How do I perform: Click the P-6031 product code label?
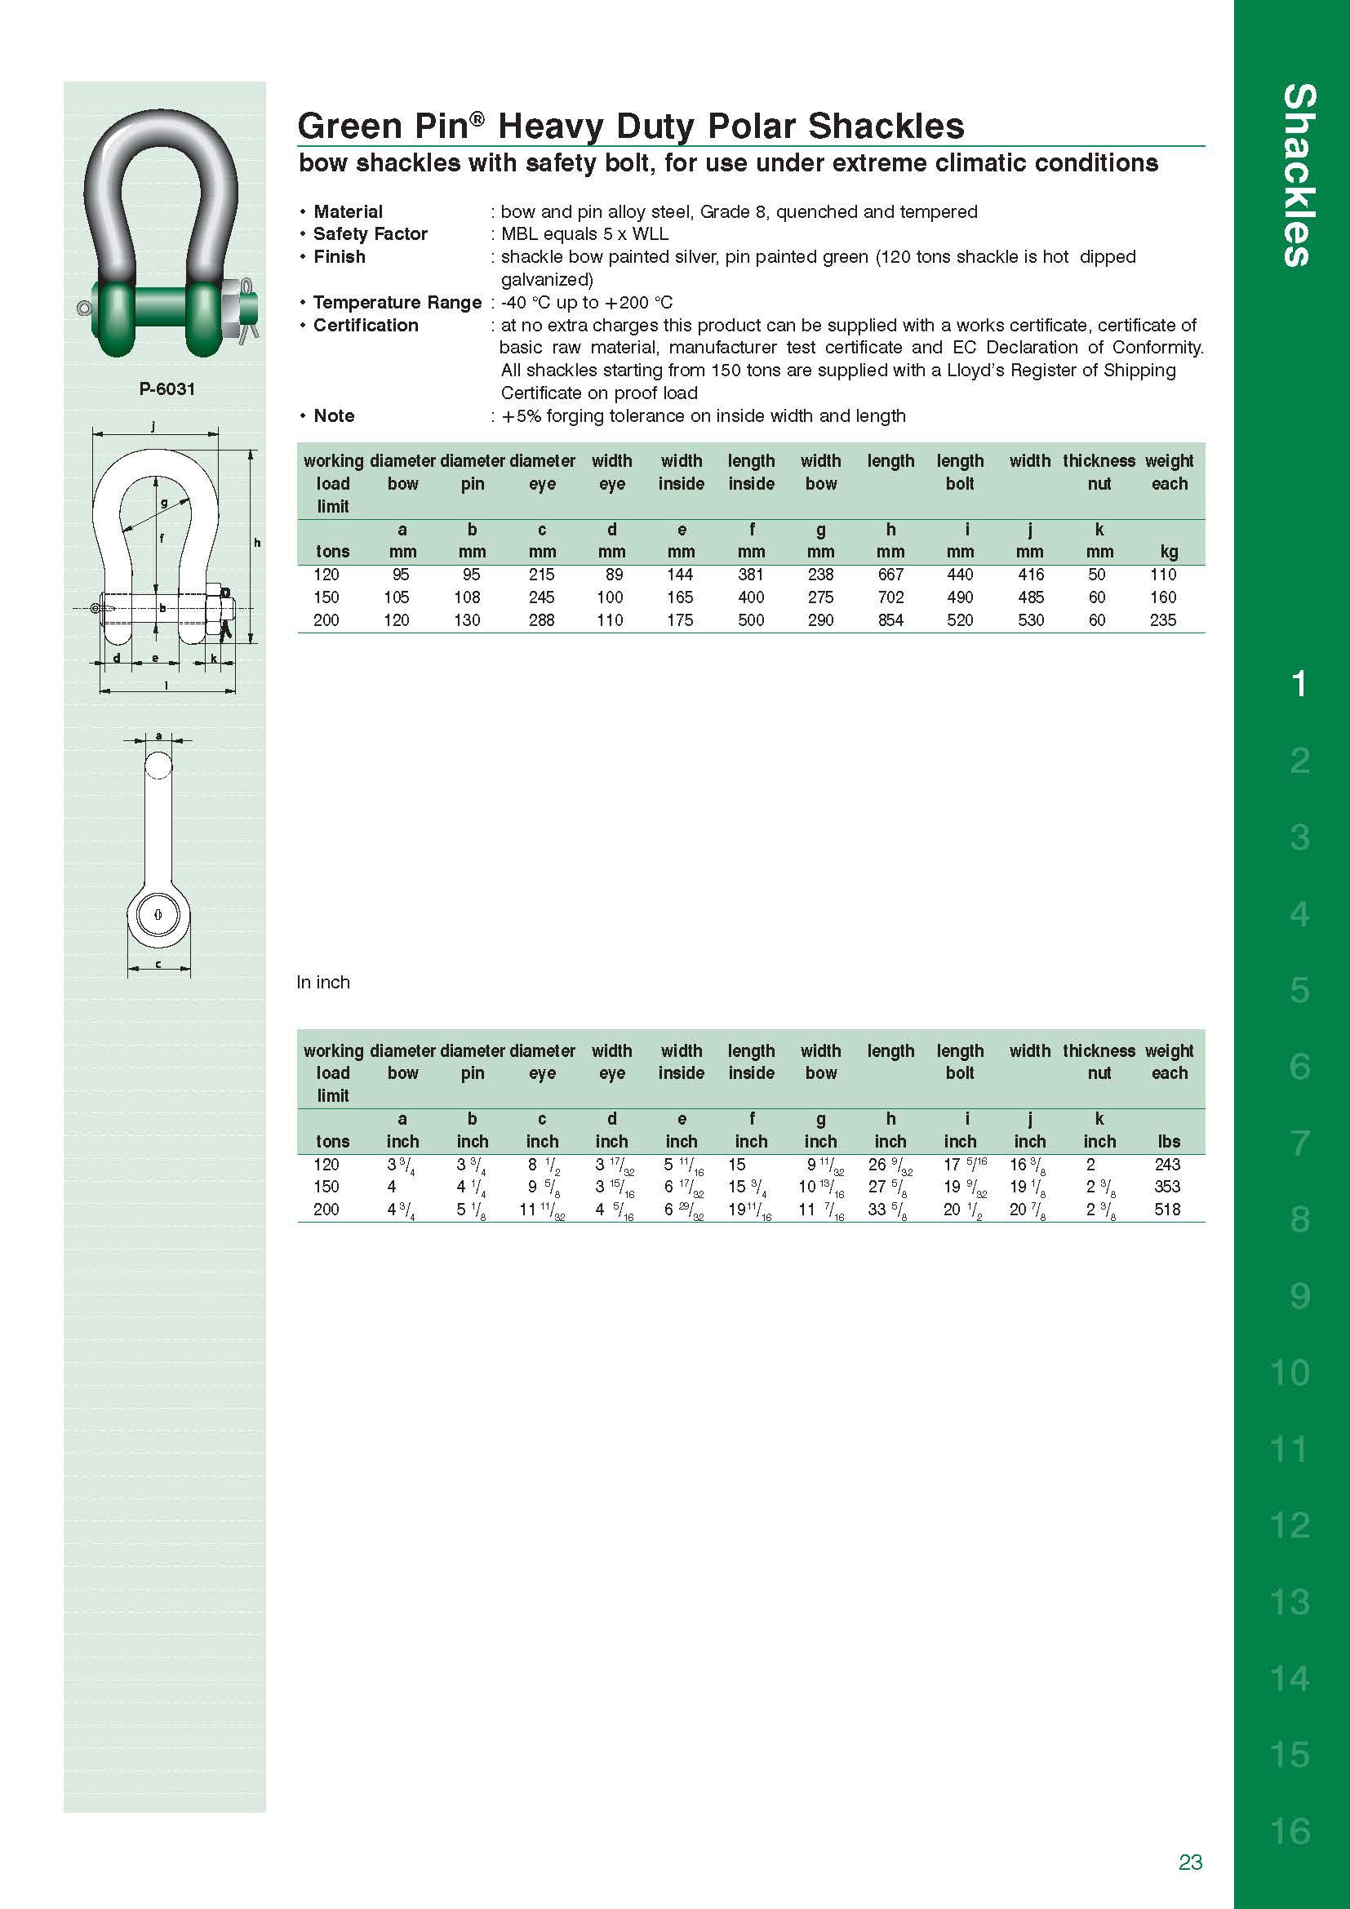click(167, 389)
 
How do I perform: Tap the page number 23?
click(1189, 1862)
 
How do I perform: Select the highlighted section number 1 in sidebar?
click(1299, 684)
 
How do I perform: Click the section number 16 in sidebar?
click(1290, 1831)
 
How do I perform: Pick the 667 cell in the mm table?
click(890, 575)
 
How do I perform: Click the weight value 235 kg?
click(1162, 620)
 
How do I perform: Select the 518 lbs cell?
click(1166, 1210)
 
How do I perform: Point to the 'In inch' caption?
click(322, 983)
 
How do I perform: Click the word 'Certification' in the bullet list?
click(365, 325)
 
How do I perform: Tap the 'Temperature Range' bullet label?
click(397, 303)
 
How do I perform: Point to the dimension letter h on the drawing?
click(257, 543)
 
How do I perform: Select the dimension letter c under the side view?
click(158, 965)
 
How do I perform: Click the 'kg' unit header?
click(1169, 552)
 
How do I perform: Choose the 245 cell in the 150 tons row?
click(541, 597)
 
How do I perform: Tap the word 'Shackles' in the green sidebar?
click(1299, 175)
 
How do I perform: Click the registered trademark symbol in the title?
click(477, 119)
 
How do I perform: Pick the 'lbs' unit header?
click(1169, 1142)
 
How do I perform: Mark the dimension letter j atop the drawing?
click(153, 427)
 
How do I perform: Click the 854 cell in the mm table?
click(890, 620)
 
